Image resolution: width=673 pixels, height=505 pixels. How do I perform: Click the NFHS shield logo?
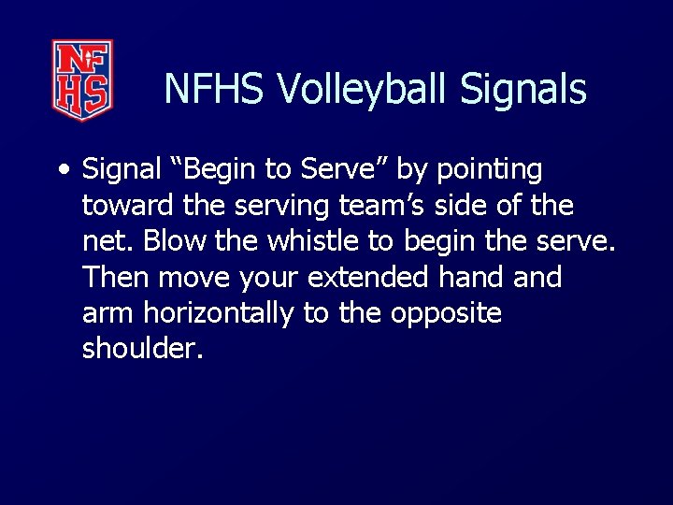82,79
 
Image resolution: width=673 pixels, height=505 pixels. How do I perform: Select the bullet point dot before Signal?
63,171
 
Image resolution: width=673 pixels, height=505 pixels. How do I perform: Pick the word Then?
116,278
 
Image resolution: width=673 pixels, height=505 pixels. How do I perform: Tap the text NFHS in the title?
216,90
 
